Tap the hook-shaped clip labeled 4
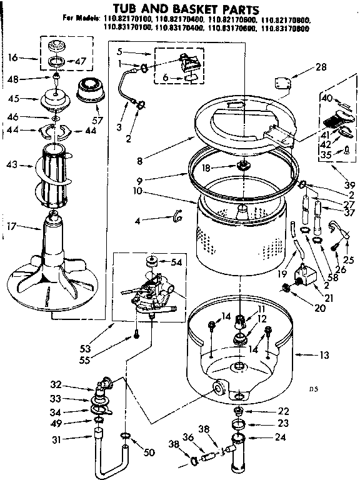point(178,216)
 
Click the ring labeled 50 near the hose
point(125,434)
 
